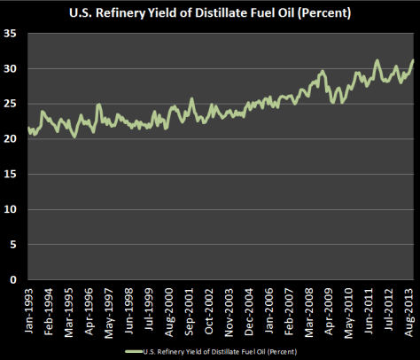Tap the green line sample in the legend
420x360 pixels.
[136, 351]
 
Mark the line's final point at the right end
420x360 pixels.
[413, 60]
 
